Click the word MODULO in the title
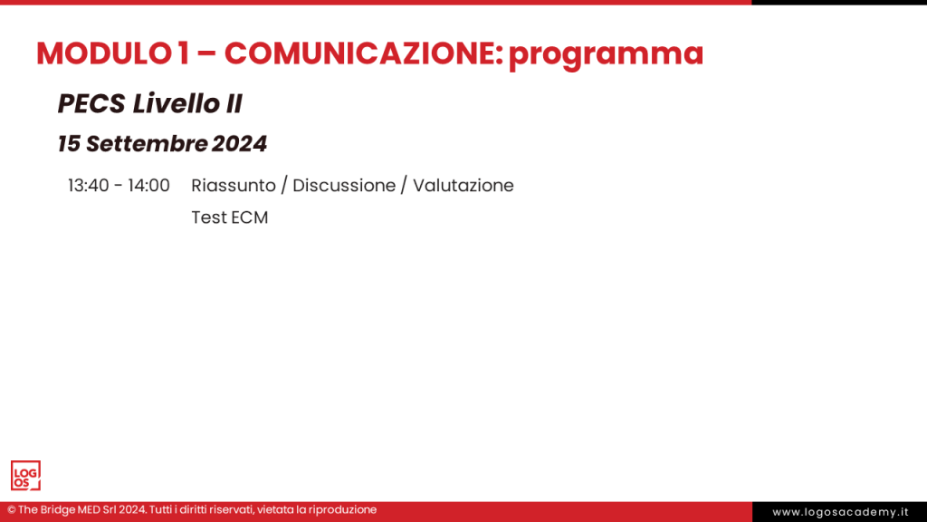tap(102, 53)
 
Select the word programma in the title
tap(606, 55)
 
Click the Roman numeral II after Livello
tap(233, 104)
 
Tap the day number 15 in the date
tap(69, 144)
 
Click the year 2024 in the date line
tap(240, 144)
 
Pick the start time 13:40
tap(89, 186)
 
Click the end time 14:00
tap(148, 186)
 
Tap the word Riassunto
tap(233, 186)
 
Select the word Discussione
tap(344, 186)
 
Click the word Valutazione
tap(463, 186)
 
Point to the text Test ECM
tap(230, 217)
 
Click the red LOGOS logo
tap(25, 476)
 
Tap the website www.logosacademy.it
tap(840, 512)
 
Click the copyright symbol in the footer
tap(12, 510)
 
